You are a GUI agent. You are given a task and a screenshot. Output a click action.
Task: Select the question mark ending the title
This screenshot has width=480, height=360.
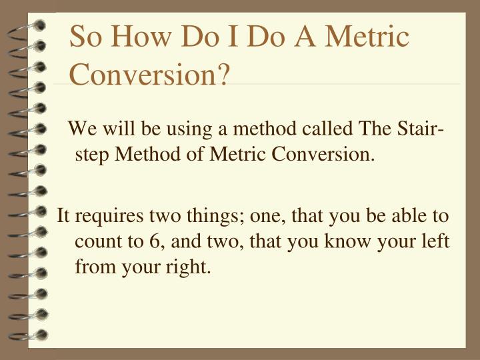coord(223,73)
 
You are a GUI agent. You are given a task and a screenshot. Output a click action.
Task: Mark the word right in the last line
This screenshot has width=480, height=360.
coord(190,267)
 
